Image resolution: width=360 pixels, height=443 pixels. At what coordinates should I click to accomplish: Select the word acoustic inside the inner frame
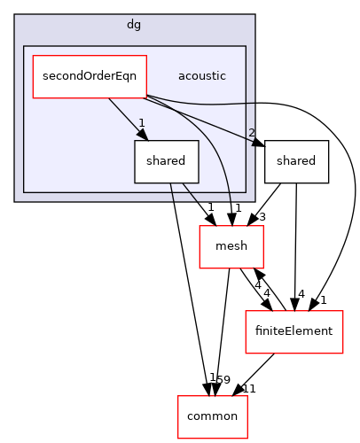tap(201, 76)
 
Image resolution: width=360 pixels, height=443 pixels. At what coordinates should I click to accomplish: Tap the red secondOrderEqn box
tap(90, 76)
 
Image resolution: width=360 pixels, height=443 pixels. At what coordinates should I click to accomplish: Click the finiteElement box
tap(293, 332)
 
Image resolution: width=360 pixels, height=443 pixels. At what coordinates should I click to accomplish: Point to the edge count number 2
tap(252, 134)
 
